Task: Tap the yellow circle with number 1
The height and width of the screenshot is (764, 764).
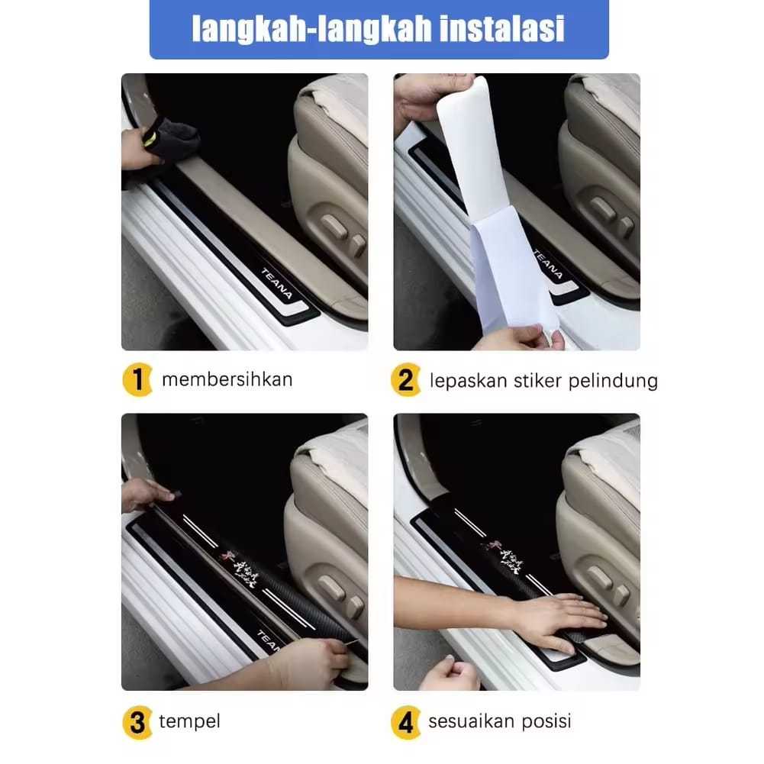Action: (x=137, y=380)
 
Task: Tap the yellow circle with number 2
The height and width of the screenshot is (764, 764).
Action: (x=406, y=380)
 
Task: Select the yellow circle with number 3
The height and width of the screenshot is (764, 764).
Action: (x=137, y=721)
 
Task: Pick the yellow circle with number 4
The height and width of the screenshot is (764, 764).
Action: (x=406, y=721)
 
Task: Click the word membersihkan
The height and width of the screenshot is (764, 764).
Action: (x=227, y=379)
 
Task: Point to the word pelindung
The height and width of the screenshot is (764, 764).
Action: (x=613, y=380)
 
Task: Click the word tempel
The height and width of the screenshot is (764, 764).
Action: (x=189, y=721)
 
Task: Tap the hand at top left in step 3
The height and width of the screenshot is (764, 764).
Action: (x=145, y=495)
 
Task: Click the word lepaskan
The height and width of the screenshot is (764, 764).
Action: (x=465, y=380)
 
